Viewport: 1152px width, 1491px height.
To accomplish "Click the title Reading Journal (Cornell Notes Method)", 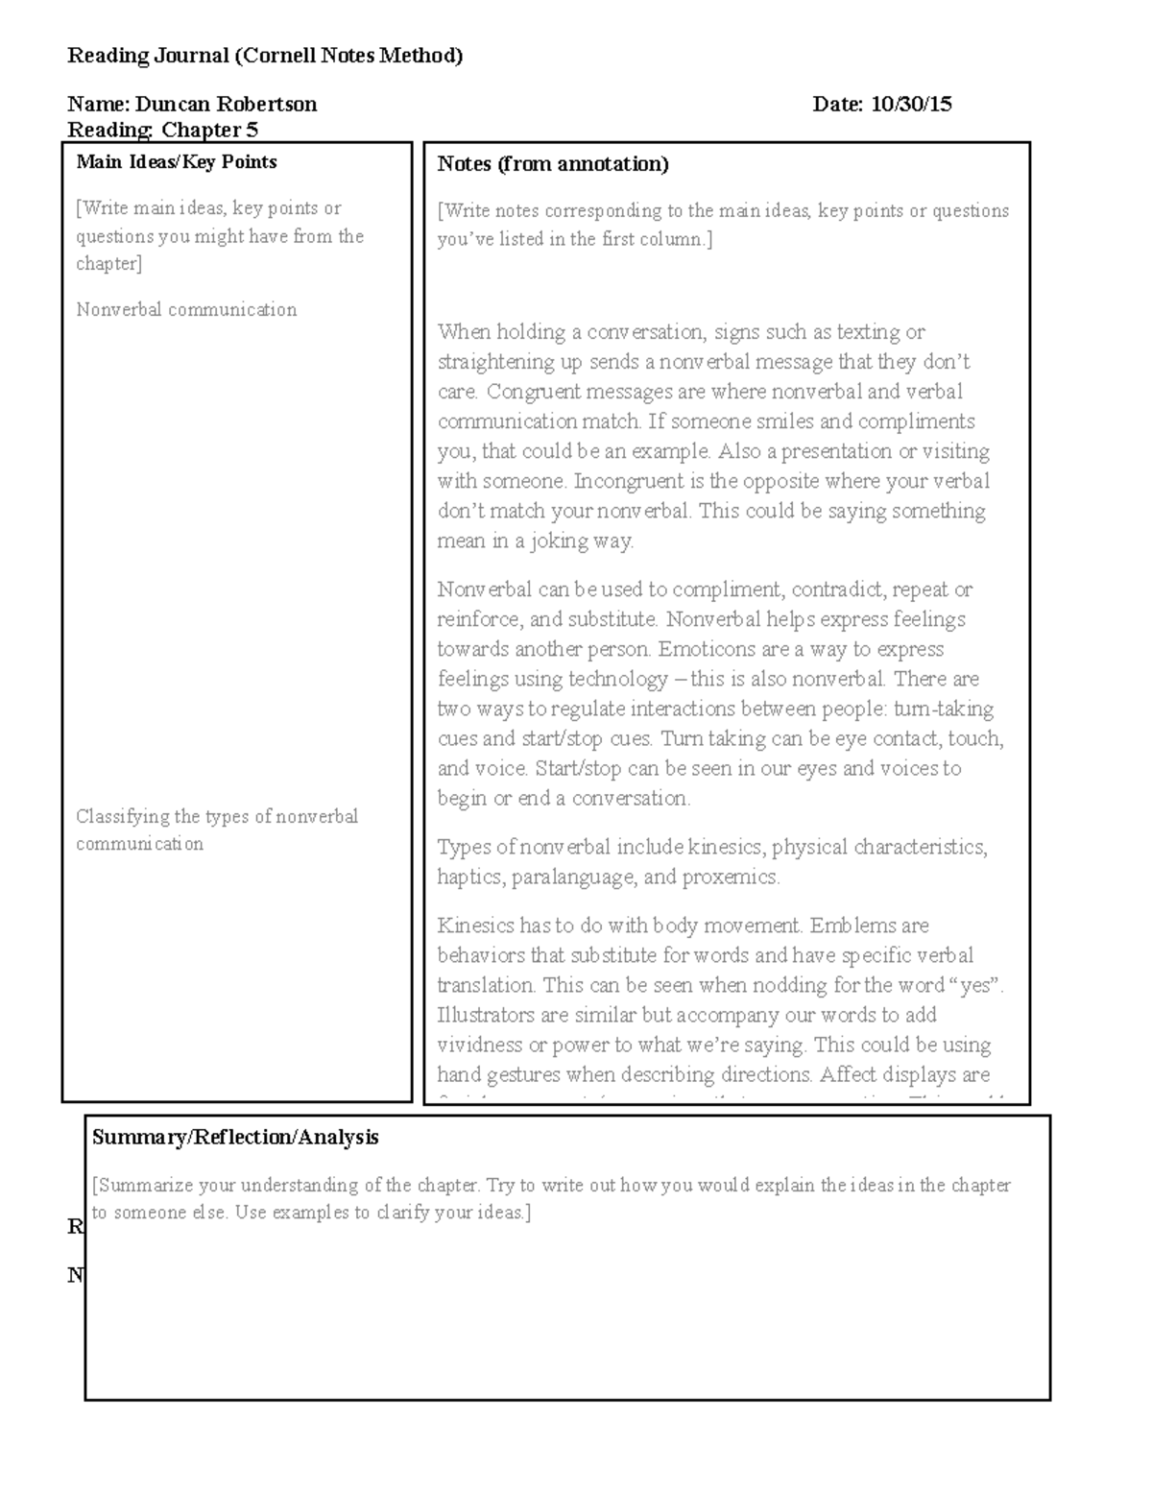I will [265, 56].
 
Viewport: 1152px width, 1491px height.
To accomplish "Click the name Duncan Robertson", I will [226, 105].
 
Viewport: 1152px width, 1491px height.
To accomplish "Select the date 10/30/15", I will [911, 105].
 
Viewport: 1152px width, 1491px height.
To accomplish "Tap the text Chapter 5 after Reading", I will [209, 130].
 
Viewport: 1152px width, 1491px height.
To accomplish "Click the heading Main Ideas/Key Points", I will [177, 162].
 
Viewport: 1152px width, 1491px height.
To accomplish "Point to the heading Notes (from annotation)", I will [553, 164].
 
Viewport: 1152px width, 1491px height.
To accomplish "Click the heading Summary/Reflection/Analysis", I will [235, 1138].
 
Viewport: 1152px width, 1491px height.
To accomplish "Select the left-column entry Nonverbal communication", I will [186, 310].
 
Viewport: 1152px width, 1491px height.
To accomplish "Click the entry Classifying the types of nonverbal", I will [217, 817].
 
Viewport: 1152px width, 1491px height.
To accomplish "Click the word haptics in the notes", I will [468, 878].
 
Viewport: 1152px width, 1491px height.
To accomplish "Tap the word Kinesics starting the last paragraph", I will [474, 926].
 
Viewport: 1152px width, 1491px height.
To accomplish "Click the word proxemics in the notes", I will [730, 878].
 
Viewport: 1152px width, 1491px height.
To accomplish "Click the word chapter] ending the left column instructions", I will [108, 264].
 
